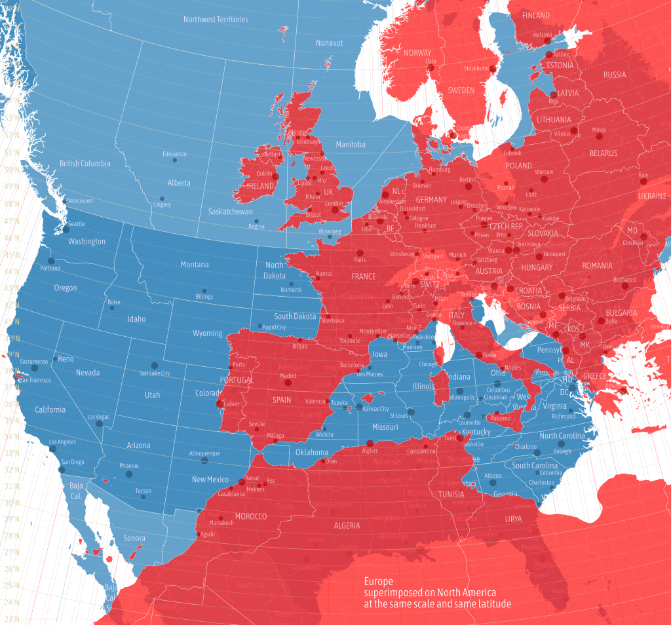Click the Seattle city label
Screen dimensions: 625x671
point(77,224)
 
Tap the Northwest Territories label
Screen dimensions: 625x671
point(216,20)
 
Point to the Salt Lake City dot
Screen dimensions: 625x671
point(155,366)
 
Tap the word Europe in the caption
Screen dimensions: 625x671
point(379,581)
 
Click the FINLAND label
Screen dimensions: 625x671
point(536,15)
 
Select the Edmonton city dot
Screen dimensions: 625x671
point(174,161)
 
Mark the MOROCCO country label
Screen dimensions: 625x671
point(250,516)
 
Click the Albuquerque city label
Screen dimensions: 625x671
point(204,453)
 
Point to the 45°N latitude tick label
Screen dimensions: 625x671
point(10,255)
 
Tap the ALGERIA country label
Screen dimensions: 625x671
point(347,525)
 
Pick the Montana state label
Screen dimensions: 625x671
point(195,265)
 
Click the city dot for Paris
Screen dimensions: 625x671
point(359,252)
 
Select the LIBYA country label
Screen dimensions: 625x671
point(513,518)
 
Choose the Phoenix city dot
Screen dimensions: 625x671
point(128,474)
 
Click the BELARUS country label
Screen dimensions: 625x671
point(603,153)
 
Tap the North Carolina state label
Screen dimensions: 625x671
point(561,436)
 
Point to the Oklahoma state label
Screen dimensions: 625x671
point(311,453)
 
